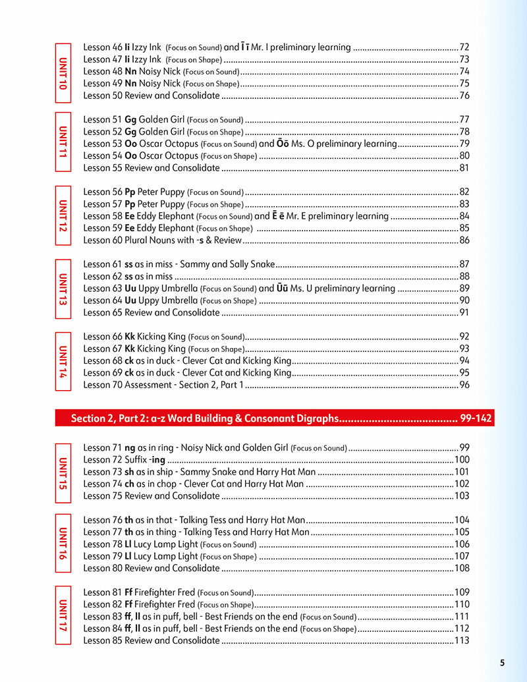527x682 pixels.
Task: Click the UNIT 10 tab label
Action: pos(63,72)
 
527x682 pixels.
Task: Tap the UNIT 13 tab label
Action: pos(63,289)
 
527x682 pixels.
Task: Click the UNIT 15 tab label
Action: pos(63,472)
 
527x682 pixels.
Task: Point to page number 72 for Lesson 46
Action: pos(464,47)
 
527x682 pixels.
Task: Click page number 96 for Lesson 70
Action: pos(464,385)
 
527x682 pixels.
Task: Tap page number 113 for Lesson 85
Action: pos(462,640)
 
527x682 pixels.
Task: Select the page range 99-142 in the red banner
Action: pos(476,418)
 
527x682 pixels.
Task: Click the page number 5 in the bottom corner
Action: pos(502,663)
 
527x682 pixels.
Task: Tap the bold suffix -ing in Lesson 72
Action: pos(157,460)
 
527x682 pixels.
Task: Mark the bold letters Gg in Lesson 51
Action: pos(130,120)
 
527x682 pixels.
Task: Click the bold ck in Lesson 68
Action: pos(130,361)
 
